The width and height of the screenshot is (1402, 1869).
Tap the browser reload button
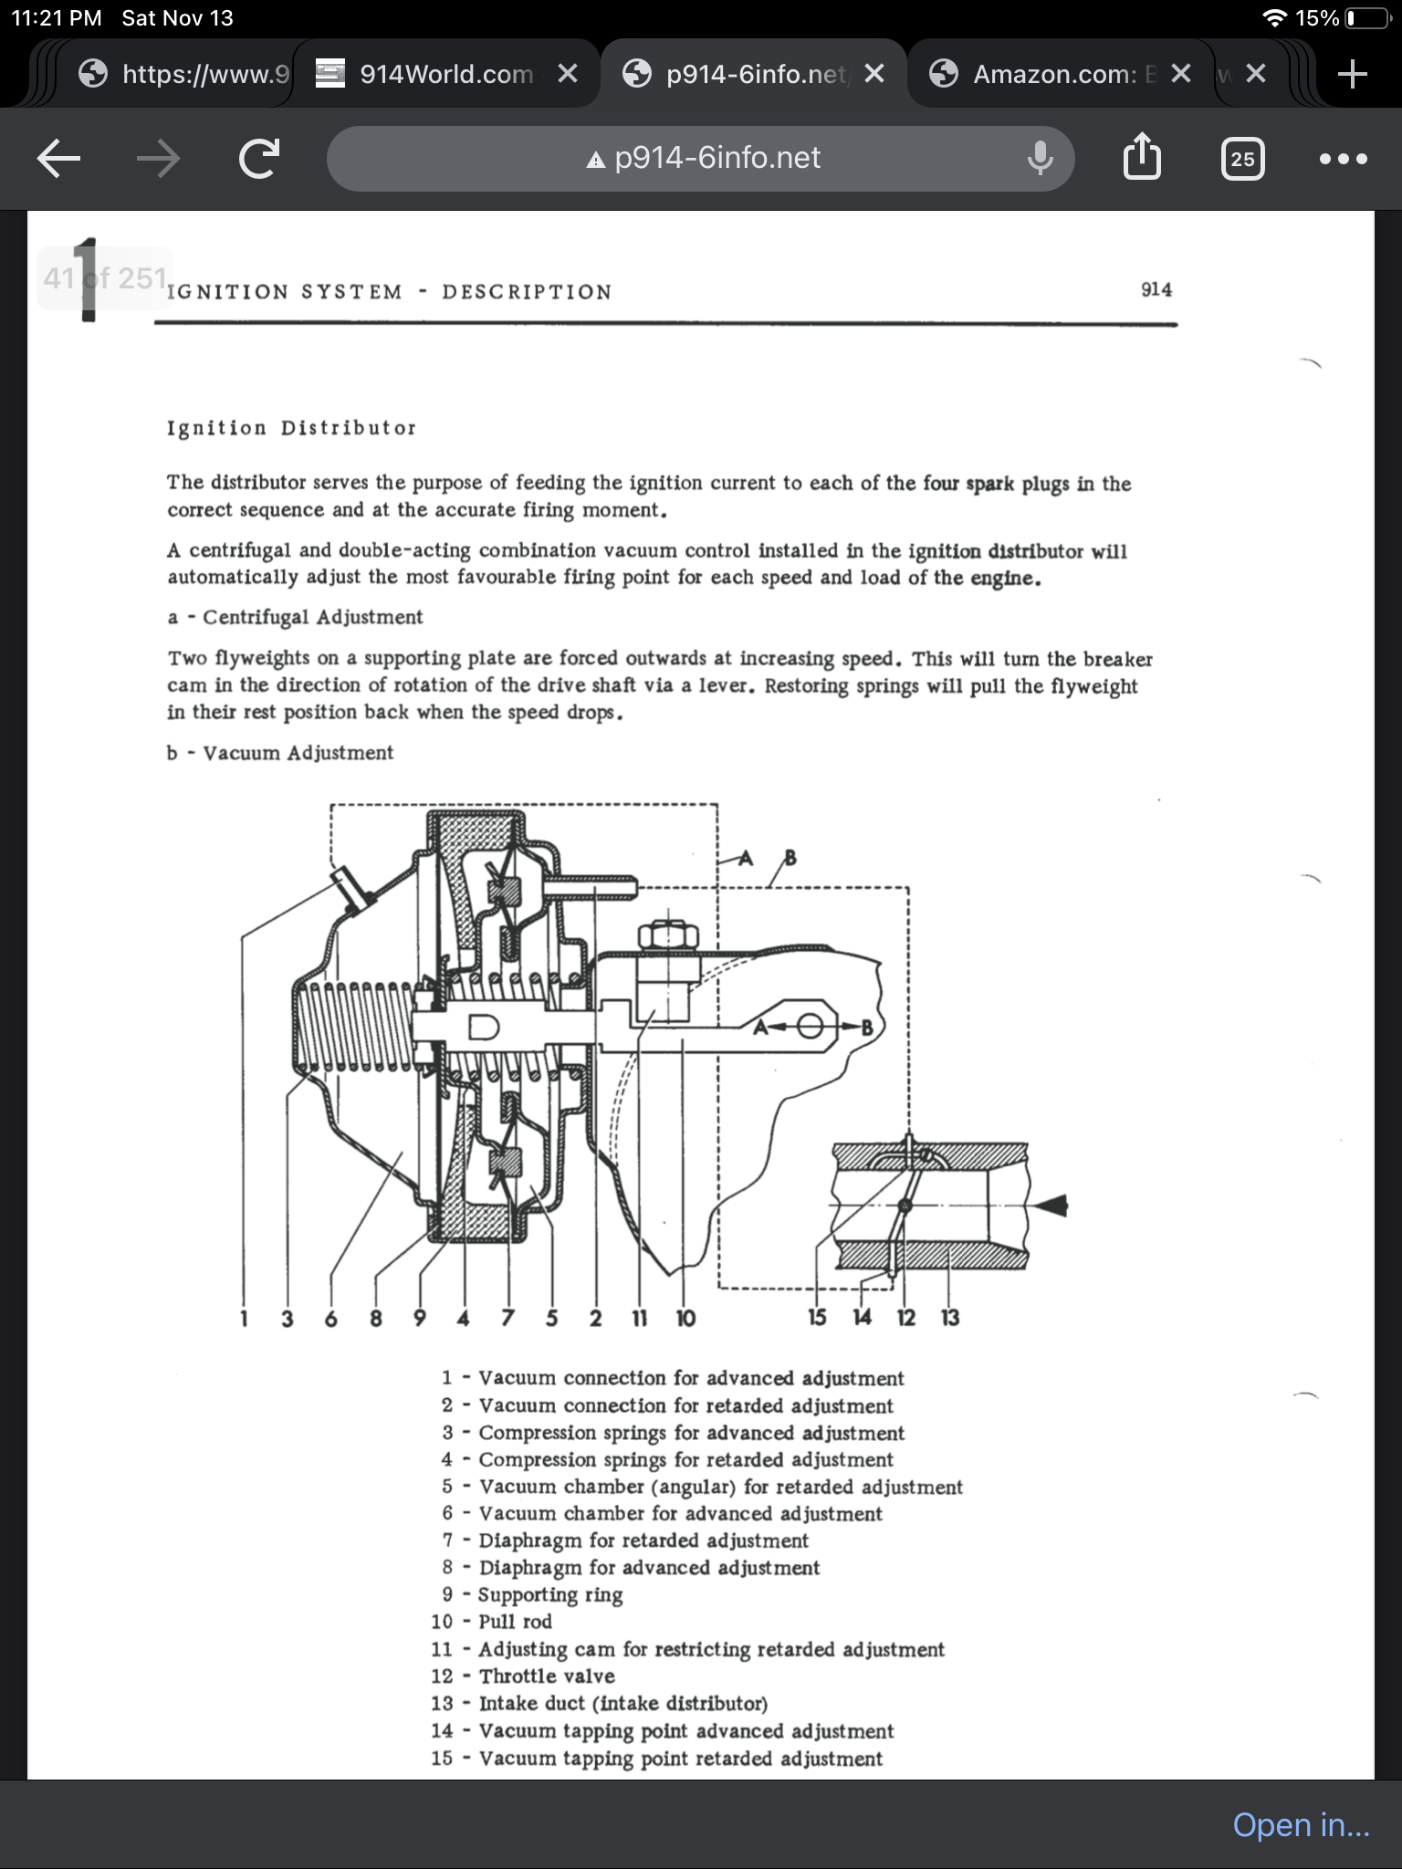click(258, 159)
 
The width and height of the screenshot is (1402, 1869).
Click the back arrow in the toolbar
click(59, 159)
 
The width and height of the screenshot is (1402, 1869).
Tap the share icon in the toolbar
click(1141, 158)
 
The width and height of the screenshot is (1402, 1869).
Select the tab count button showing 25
click(1242, 159)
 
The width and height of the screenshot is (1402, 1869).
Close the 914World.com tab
click(568, 74)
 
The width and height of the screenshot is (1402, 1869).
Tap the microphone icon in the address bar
click(1040, 159)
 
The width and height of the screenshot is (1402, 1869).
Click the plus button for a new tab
click(1352, 74)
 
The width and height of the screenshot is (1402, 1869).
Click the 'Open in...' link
click(1301, 1824)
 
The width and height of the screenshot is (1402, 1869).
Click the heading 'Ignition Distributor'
click(291, 428)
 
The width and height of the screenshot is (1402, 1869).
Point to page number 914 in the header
click(1156, 289)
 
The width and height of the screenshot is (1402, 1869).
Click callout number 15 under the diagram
click(817, 1317)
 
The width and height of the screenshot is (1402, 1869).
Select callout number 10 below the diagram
click(685, 1318)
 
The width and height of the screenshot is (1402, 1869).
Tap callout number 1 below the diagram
click(244, 1318)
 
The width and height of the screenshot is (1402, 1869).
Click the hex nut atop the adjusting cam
click(668, 936)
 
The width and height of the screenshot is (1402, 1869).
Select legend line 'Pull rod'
click(515, 1622)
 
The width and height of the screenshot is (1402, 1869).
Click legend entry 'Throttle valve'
click(546, 1676)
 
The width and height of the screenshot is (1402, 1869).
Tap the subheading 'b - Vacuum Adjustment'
click(280, 753)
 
